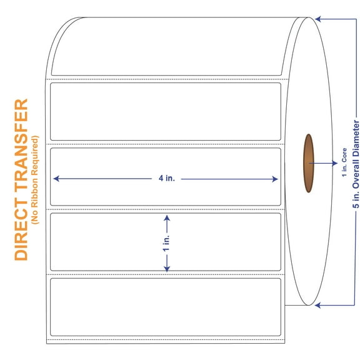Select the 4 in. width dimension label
tap(166, 179)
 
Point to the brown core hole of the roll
tap(309, 163)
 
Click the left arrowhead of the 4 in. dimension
tap(56, 179)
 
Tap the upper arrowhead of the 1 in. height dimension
tap(166, 217)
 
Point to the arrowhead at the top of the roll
tap(318, 19)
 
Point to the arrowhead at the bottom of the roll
tap(318, 305)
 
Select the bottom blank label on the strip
tap(166, 307)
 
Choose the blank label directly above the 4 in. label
tap(166, 111)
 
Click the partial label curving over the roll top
tap(166, 47)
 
